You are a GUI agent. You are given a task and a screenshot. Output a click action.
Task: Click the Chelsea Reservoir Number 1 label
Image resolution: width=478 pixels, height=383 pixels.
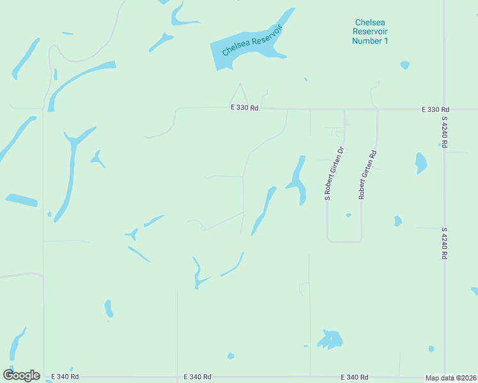tap(371, 31)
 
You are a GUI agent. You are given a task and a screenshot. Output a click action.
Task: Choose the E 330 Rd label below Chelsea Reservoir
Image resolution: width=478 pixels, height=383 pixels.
tap(244, 109)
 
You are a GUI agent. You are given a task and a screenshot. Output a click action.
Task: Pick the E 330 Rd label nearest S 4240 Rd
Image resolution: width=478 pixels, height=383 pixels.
tap(436, 110)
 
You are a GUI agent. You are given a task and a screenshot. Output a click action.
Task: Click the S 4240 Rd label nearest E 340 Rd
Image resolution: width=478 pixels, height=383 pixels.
tap(443, 243)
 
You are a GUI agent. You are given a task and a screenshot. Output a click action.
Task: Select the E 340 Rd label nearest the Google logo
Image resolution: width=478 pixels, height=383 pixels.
tap(66, 377)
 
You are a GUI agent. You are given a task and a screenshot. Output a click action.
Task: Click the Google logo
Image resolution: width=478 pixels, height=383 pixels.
tap(21, 375)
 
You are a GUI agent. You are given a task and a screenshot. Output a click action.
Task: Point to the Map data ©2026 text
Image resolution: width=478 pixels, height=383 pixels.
tap(451, 378)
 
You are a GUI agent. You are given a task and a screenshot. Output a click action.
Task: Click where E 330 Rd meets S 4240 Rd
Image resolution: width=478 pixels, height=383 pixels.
tap(444, 110)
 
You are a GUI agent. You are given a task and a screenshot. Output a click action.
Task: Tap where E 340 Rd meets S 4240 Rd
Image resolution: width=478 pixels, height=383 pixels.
tap(445, 377)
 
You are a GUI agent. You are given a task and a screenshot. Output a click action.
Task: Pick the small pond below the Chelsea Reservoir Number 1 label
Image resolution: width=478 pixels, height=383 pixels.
tap(404, 64)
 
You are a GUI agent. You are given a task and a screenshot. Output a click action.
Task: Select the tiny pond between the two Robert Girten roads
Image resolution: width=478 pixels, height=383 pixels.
tap(348, 215)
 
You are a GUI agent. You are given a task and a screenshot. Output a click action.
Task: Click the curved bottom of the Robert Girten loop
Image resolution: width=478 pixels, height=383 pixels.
tap(344, 241)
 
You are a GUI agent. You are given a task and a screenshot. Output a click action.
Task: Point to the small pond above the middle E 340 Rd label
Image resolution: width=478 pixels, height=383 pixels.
tap(231, 356)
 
